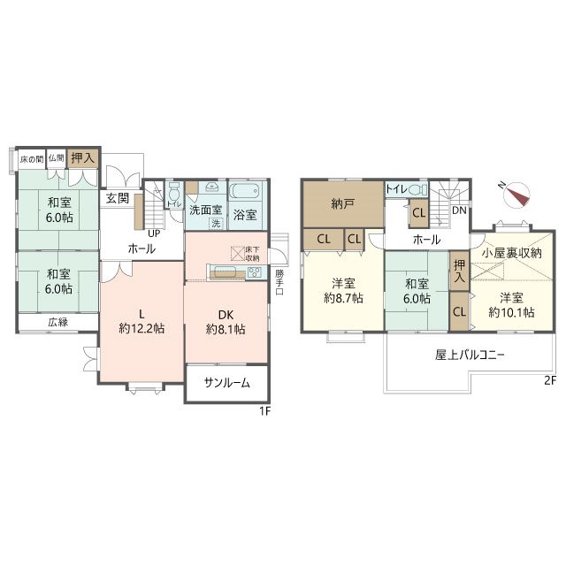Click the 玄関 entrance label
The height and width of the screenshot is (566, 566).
point(118,199)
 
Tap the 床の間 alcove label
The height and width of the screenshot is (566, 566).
point(31,159)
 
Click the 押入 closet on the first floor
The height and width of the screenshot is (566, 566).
point(84,159)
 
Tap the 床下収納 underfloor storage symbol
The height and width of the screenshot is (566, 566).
point(238,252)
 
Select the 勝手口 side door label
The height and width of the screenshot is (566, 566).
point(279,280)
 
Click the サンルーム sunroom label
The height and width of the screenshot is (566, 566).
point(226,384)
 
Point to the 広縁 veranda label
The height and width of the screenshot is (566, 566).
point(58,322)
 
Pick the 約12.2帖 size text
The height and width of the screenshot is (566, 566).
point(142,329)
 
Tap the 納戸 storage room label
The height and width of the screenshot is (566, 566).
point(343,204)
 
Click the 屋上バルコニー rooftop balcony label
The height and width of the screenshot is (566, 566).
point(470,356)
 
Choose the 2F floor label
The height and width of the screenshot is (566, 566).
point(549,381)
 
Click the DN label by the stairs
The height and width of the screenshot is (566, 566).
point(460,211)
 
